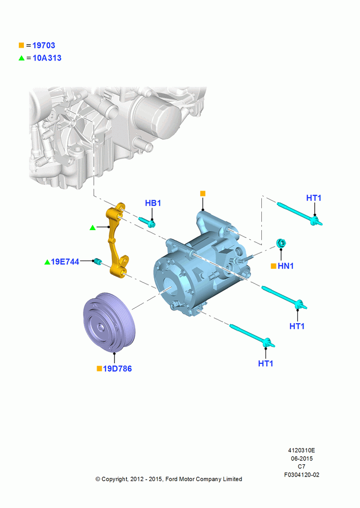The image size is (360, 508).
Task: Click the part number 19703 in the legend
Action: tap(44, 45)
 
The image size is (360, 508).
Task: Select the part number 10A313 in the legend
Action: tap(47, 58)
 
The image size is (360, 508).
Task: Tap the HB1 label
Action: tap(153, 203)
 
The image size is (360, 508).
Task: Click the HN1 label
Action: tap(286, 266)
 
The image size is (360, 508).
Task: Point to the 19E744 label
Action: tap(65, 262)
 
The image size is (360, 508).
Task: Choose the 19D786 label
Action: tap(117, 369)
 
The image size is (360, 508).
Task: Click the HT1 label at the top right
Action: tap(314, 198)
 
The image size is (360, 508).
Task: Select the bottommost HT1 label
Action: tap(265, 364)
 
